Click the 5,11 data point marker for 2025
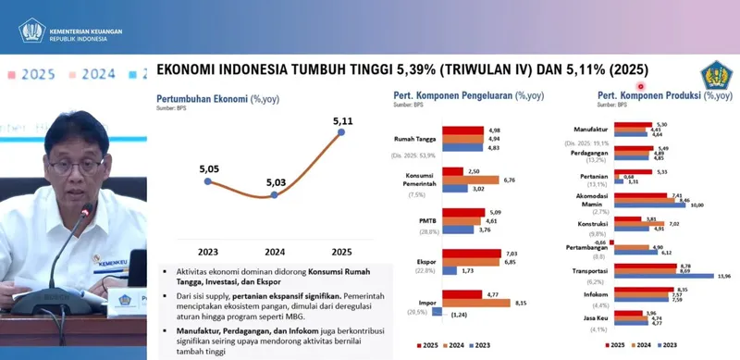tap(341, 132)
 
